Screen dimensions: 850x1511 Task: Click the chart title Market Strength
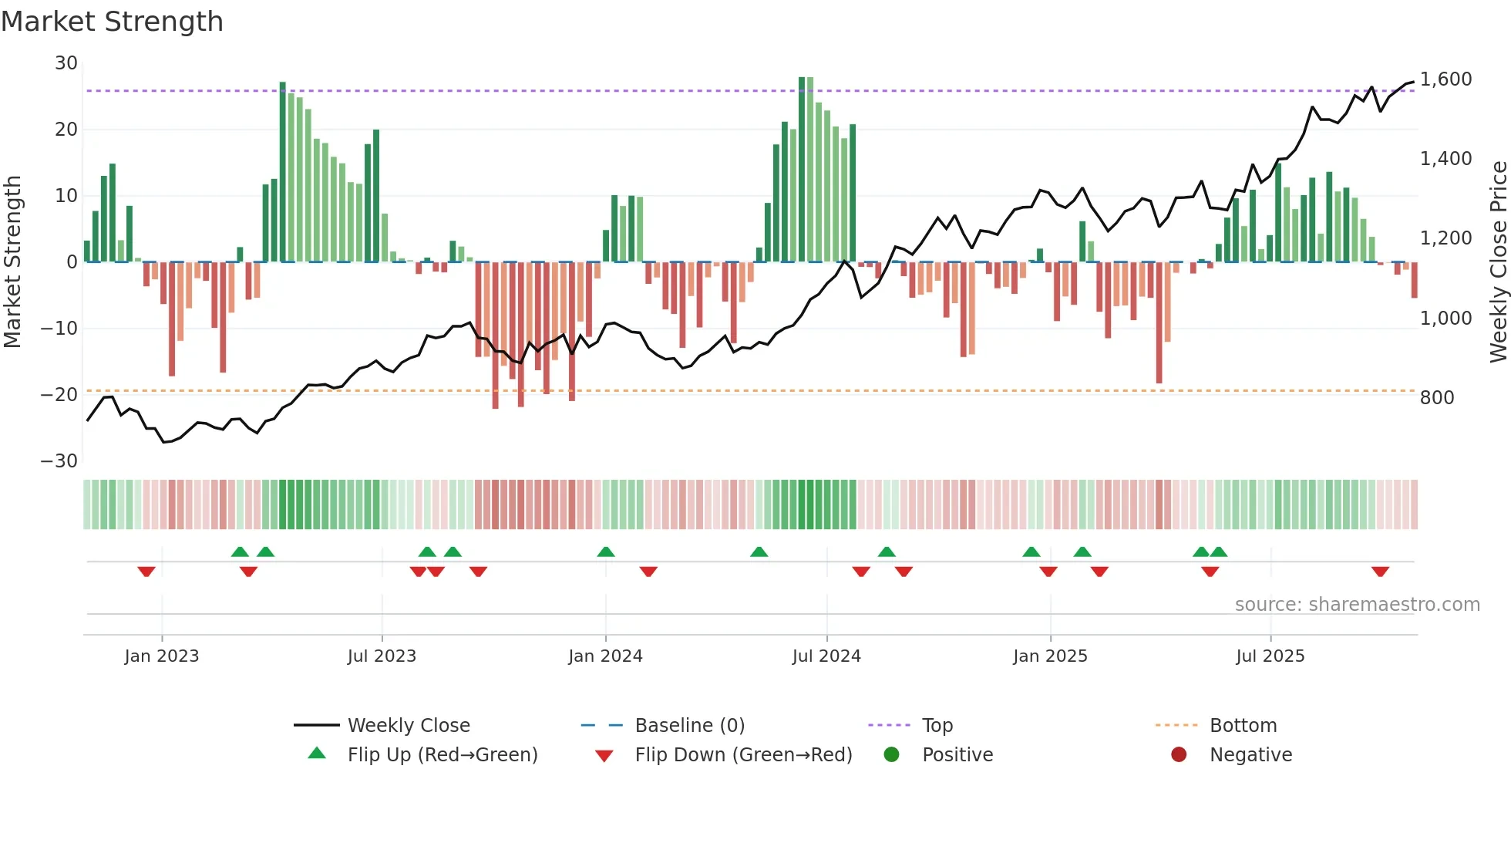click(112, 22)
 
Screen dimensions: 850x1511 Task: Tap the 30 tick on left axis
click(66, 63)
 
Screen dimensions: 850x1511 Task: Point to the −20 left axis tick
click(60, 395)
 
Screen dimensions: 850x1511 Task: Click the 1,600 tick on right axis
click(1445, 79)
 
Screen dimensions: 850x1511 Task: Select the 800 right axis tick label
click(1436, 398)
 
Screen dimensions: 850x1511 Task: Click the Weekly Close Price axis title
click(1498, 261)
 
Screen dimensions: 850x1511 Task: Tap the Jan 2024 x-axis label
click(605, 656)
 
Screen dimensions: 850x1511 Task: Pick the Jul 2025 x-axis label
click(1270, 656)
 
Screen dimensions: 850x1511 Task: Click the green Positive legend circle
click(891, 755)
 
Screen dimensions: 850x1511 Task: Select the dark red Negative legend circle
click(1179, 755)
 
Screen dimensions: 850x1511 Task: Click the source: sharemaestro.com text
click(1357, 605)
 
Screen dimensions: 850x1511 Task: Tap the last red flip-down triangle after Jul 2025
click(1380, 572)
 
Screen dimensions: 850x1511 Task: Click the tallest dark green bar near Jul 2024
click(802, 170)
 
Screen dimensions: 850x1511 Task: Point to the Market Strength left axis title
click(13, 261)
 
